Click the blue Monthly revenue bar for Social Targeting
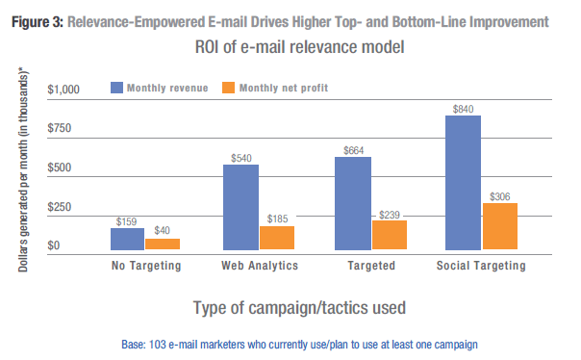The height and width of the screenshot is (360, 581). click(463, 183)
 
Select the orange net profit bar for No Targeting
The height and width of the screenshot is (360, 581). click(163, 244)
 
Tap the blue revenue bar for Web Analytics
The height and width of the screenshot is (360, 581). click(240, 207)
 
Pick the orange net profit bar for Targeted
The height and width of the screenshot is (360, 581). click(390, 235)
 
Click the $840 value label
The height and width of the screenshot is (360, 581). click(463, 108)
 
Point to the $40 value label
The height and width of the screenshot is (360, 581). click(163, 231)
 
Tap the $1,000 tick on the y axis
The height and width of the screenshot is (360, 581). click(69, 90)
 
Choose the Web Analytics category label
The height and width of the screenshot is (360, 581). click(260, 266)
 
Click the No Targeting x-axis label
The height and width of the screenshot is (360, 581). click(144, 266)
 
